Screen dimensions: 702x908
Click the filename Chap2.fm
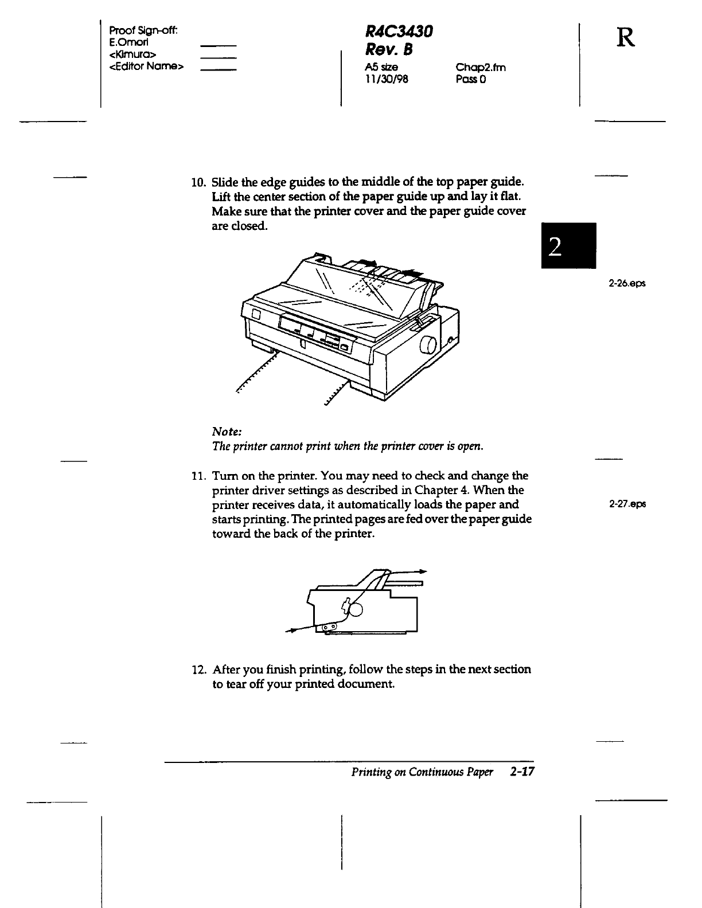[481, 68]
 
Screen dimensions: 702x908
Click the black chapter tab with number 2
[568, 245]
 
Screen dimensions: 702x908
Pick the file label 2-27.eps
[627, 504]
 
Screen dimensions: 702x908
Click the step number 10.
[198, 183]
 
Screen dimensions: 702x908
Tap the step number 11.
[198, 476]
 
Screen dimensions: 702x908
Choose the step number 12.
[198, 670]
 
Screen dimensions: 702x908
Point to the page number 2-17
[521, 772]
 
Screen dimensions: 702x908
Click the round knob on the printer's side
[428, 346]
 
